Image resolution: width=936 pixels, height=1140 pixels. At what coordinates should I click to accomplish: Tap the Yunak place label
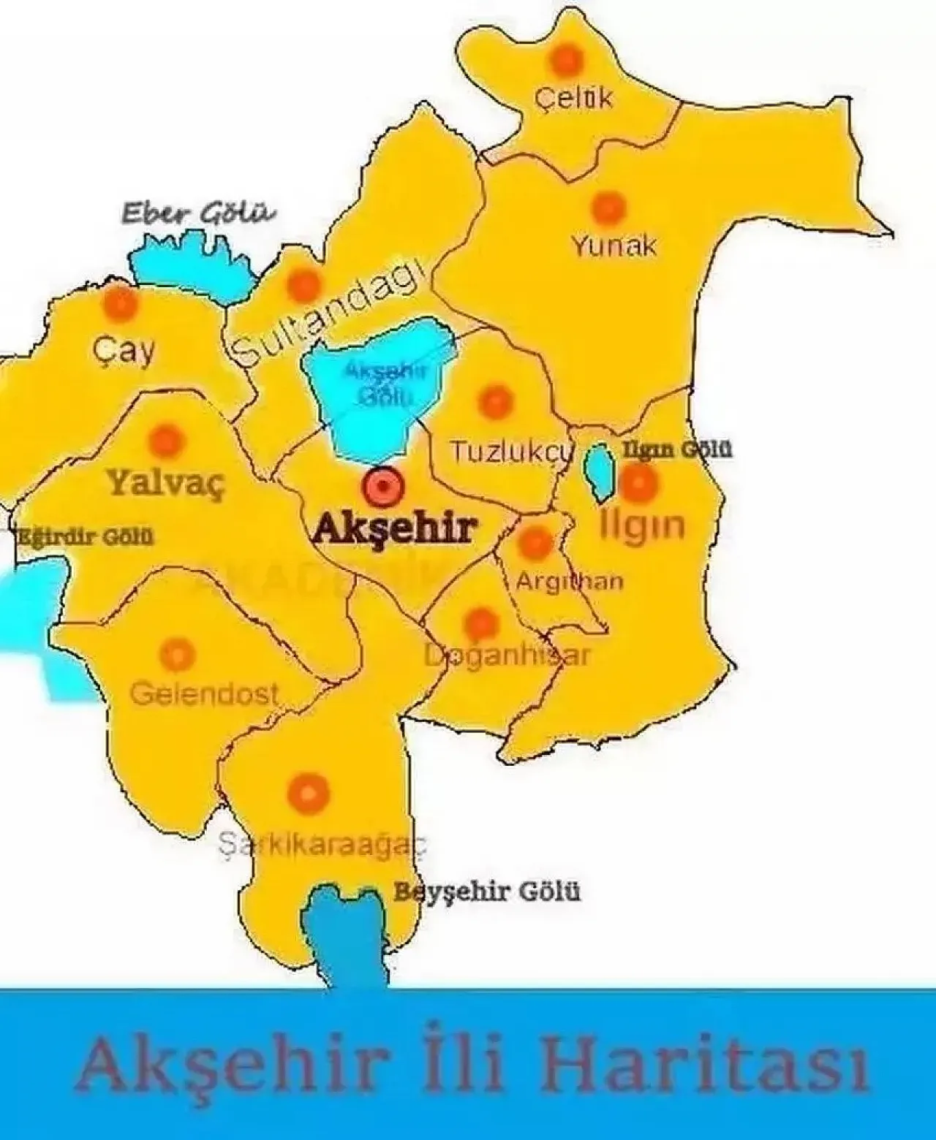614,246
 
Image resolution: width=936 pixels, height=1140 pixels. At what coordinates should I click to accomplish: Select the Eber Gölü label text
198,214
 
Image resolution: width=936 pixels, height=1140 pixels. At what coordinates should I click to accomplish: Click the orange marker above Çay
120,303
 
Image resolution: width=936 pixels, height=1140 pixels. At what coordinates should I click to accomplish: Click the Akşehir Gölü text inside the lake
385,383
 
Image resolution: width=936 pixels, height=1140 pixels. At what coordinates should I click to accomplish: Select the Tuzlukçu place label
509,452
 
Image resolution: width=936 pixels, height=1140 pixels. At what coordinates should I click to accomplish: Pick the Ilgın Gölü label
676,449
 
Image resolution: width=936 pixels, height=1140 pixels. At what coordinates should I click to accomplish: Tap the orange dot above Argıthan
535,542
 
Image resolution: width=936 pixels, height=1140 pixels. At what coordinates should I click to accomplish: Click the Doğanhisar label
507,655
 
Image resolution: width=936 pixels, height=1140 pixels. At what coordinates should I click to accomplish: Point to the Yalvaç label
166,482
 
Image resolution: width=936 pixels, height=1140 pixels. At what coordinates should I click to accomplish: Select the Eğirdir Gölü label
86,537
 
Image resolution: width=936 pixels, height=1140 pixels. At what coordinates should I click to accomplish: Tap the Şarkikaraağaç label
322,845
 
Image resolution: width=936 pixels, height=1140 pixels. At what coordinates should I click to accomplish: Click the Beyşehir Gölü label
487,892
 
